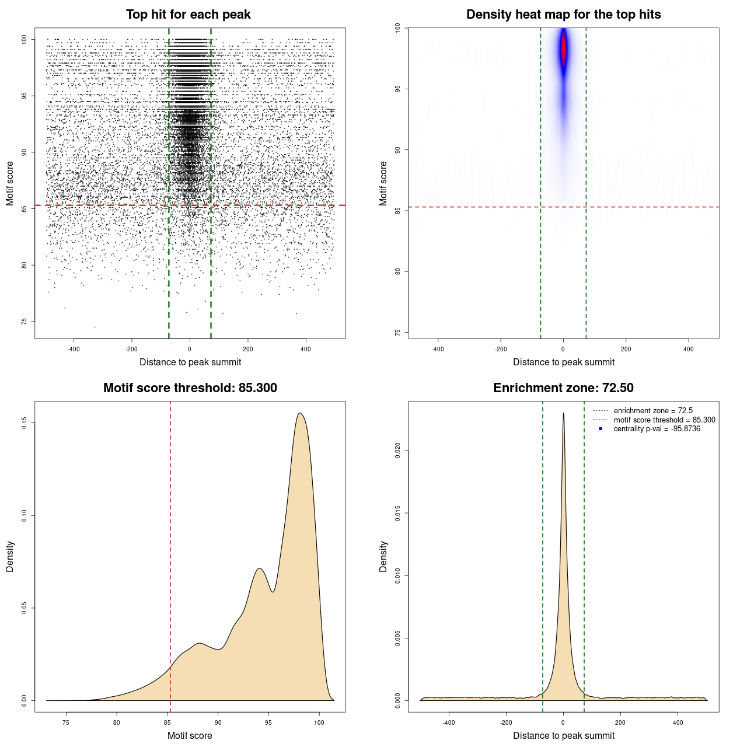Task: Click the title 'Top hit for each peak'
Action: click(188, 15)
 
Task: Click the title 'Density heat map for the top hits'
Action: click(563, 15)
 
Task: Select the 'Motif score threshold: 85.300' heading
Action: click(190, 388)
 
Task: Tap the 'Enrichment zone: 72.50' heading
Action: click(563, 388)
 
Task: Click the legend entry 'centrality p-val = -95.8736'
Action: click(657, 429)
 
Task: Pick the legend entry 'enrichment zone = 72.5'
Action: click(653, 411)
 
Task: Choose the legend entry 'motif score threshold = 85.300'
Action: click(664, 420)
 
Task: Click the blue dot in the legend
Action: click(601, 429)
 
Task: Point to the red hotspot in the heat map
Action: click(564, 50)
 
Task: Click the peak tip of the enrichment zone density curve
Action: click(563, 413)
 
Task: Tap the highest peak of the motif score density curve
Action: click(300, 413)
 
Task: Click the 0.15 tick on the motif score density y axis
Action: click(24, 423)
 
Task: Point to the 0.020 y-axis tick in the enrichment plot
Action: click(397, 451)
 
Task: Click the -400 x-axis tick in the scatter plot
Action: click(74, 349)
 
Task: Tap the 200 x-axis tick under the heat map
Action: click(626, 349)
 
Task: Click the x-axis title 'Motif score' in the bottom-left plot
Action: click(190, 735)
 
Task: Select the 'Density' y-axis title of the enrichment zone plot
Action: click(383, 556)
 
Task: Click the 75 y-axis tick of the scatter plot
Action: click(24, 322)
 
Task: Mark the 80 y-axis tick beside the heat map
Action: click(397, 271)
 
